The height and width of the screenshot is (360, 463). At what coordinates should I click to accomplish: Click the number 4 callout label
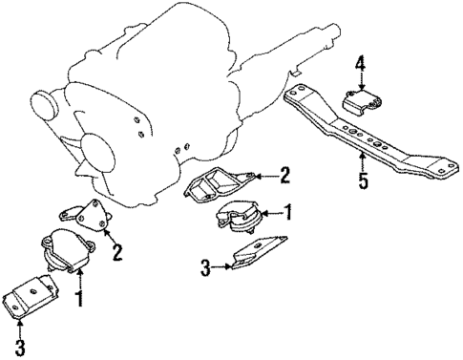point(360,64)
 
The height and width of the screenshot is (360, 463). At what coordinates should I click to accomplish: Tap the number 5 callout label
point(361,179)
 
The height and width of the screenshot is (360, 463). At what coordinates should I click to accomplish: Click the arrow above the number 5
point(361,160)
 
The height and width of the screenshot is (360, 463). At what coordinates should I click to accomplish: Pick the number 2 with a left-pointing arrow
point(284,174)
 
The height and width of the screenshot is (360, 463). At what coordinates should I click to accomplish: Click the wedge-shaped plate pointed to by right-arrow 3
point(258,254)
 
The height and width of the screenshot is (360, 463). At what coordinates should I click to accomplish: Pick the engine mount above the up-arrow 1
point(64,256)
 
